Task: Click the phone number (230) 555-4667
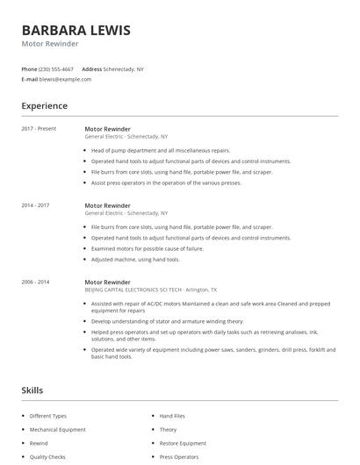point(57,68)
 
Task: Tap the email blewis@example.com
point(65,79)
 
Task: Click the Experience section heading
point(44,106)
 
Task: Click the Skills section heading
point(32,390)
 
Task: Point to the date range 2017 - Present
point(39,129)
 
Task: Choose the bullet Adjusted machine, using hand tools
point(135,260)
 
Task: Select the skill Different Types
point(48,416)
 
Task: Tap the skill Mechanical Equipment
point(58,430)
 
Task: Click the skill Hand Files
point(172,416)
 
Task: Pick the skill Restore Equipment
point(183,444)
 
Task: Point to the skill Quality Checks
point(47,458)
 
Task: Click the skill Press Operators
point(179,458)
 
